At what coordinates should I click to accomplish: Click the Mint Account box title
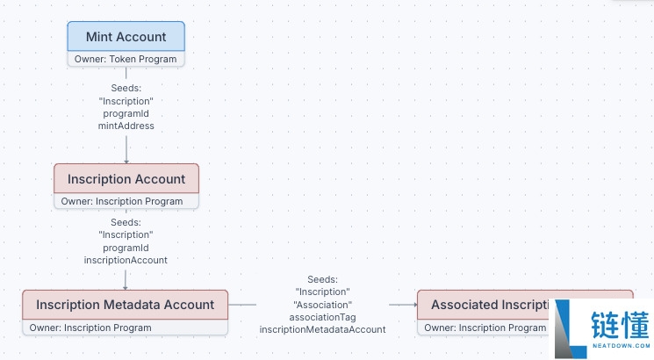pyautogui.click(x=126, y=37)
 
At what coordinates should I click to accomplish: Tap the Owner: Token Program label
pyautogui.click(x=126, y=59)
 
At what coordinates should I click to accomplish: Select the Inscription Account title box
pyautogui.click(x=126, y=179)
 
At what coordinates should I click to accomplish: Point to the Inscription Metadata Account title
pyautogui.click(x=126, y=305)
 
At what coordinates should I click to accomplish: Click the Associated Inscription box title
pyautogui.click(x=491, y=305)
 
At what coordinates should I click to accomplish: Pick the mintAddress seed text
pyautogui.click(x=126, y=126)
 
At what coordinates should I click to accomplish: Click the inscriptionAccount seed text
pyautogui.click(x=126, y=260)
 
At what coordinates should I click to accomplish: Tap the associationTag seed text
pyautogui.click(x=322, y=317)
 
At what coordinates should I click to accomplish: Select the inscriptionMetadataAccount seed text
pyautogui.click(x=322, y=329)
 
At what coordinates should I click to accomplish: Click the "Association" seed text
pyautogui.click(x=322, y=305)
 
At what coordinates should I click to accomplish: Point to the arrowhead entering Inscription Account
pyautogui.click(x=126, y=162)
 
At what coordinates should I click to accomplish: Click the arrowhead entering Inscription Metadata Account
pyautogui.click(x=126, y=288)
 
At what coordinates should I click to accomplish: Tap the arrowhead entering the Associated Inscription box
pyautogui.click(x=415, y=305)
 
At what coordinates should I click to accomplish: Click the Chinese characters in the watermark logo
pyautogui.click(x=621, y=326)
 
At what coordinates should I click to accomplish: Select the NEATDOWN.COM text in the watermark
pyautogui.click(x=621, y=345)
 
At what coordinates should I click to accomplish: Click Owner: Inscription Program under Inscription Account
pyautogui.click(x=122, y=201)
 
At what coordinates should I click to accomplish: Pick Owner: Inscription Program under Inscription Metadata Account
pyautogui.click(x=90, y=328)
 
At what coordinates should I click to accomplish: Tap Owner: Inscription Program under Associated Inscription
pyautogui.click(x=485, y=328)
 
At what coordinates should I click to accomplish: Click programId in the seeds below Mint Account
pyautogui.click(x=126, y=113)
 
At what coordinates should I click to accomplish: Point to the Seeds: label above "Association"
pyautogui.click(x=322, y=279)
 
